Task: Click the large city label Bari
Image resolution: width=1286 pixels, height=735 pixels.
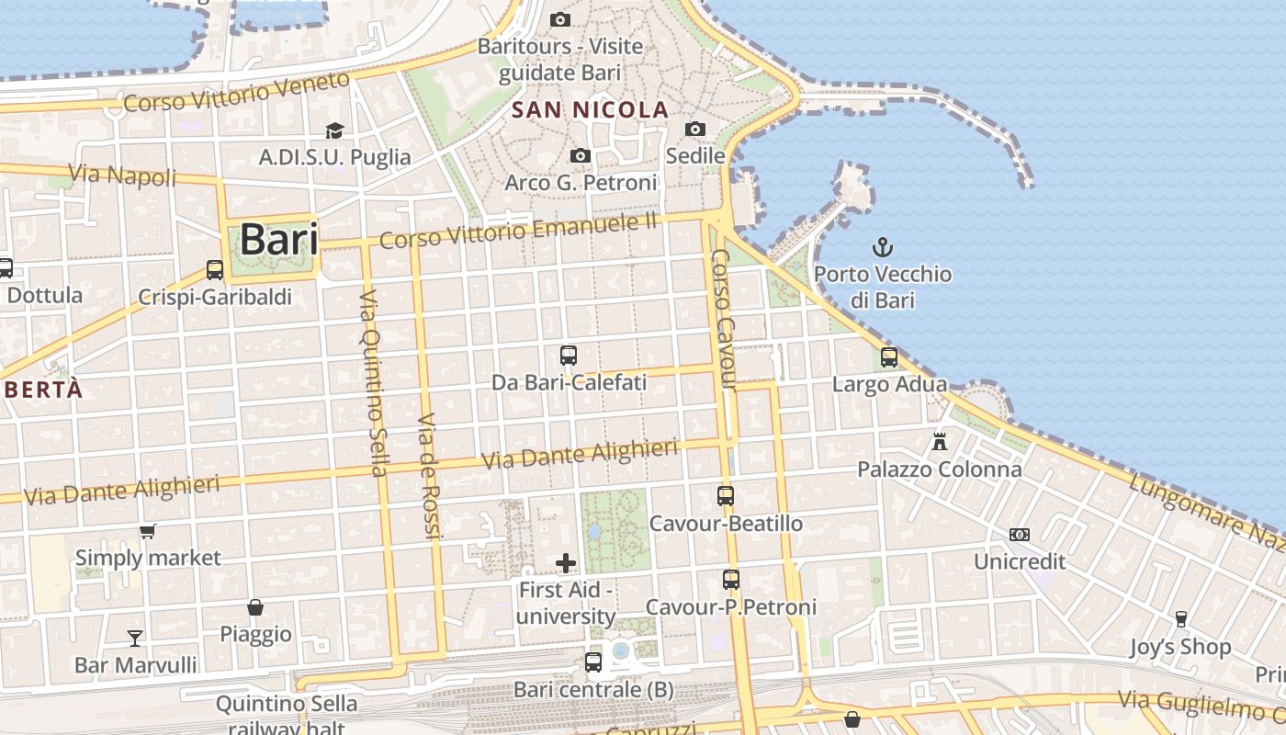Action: tap(278, 240)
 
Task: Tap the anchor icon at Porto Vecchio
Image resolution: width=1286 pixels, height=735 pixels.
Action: tap(882, 246)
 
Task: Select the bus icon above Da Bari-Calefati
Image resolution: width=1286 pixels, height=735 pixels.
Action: tap(569, 355)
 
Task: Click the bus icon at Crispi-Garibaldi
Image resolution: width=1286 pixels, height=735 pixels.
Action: tap(215, 269)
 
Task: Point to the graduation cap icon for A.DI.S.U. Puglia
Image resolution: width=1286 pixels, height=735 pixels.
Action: tap(334, 130)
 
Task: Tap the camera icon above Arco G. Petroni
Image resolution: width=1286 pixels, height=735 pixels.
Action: tap(580, 156)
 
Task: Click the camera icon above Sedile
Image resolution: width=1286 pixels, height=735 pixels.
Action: tap(695, 129)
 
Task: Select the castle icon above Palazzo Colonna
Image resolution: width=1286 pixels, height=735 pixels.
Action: tap(939, 442)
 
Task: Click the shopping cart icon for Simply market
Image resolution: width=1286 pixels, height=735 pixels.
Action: tap(147, 531)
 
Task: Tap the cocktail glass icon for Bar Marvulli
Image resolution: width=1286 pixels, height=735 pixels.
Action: tap(135, 638)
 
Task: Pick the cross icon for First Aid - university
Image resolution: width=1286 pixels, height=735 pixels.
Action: tap(566, 562)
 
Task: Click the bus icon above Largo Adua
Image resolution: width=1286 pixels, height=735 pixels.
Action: tap(888, 357)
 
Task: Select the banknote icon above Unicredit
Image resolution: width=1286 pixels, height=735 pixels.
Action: tap(1019, 534)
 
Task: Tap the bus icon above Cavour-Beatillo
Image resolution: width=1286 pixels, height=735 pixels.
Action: tap(726, 496)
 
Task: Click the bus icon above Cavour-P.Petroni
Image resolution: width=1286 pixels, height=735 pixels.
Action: tap(730, 580)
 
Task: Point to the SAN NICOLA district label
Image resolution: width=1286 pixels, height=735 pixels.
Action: tap(590, 110)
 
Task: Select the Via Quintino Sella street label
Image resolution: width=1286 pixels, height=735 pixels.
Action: tap(372, 383)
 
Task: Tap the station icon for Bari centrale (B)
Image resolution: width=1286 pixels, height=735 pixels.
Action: tap(593, 661)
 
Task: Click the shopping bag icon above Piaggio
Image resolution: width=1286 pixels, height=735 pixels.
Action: tap(255, 607)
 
